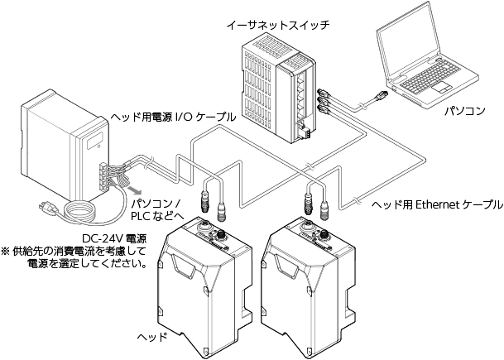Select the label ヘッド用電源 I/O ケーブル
(x=173, y=118)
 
